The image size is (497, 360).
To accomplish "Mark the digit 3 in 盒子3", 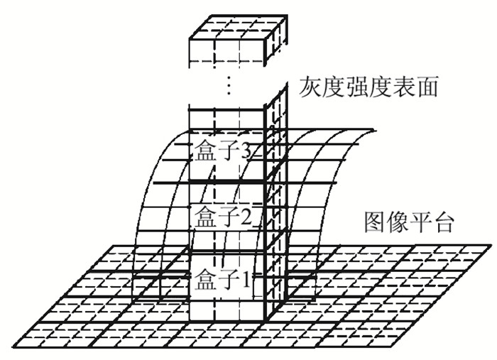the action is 247,151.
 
